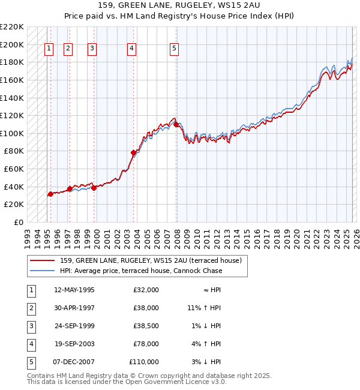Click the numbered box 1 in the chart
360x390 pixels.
click(x=49, y=49)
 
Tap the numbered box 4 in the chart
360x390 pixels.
click(x=131, y=49)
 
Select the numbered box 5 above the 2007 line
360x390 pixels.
click(x=174, y=49)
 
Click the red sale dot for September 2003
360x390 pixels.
click(x=133, y=153)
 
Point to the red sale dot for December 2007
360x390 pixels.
click(x=176, y=124)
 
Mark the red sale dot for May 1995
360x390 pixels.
click(x=50, y=194)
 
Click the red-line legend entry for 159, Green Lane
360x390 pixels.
click(x=151, y=260)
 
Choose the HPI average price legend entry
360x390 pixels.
click(x=141, y=271)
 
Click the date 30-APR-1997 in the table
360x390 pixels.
click(x=74, y=308)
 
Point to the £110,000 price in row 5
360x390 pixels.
click(x=145, y=362)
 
